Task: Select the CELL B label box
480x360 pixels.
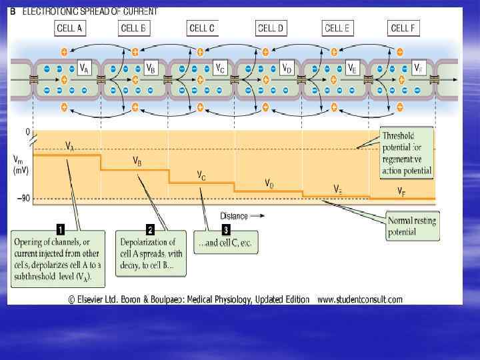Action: [135, 28]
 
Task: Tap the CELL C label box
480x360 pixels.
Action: [203, 28]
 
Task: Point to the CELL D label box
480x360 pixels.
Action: [270, 28]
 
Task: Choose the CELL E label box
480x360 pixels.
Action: [337, 28]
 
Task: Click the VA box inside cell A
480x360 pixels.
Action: [85, 68]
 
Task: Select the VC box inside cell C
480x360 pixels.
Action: [219, 68]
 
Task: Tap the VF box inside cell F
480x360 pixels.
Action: [418, 68]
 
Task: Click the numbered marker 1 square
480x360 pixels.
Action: [61, 229]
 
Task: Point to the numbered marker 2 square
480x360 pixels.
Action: [150, 229]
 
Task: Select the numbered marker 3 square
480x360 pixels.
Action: [226, 229]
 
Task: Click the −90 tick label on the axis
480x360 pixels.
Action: [22, 199]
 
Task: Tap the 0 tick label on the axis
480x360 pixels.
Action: [28, 133]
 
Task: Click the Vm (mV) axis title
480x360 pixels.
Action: [21, 165]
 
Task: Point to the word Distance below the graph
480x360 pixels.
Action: [234, 216]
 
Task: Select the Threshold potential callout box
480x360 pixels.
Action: [407, 153]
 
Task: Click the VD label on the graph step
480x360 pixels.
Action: [269, 183]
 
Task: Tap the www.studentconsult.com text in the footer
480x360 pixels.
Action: [360, 299]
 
